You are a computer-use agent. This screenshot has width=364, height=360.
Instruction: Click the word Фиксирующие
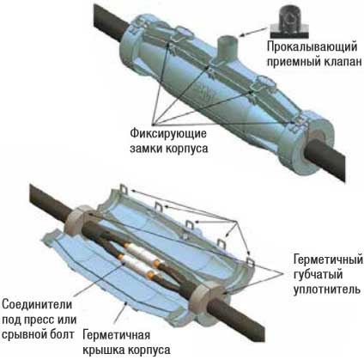[x=168, y=134]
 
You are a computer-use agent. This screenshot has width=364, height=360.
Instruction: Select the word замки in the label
[x=146, y=149]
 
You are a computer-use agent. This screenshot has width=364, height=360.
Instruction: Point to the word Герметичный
[x=328, y=260]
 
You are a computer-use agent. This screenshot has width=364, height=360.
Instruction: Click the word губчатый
[x=318, y=275]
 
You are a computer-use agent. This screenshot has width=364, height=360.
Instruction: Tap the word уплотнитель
[x=327, y=290]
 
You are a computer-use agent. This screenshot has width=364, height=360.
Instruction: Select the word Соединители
[x=37, y=304]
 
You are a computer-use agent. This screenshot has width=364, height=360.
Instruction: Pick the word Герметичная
[x=116, y=335]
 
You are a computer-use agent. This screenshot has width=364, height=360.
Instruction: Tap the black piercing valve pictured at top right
[x=289, y=21]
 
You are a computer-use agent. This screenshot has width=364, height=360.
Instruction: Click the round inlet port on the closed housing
[x=227, y=46]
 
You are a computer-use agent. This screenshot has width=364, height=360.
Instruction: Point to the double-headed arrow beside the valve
[x=255, y=31]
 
